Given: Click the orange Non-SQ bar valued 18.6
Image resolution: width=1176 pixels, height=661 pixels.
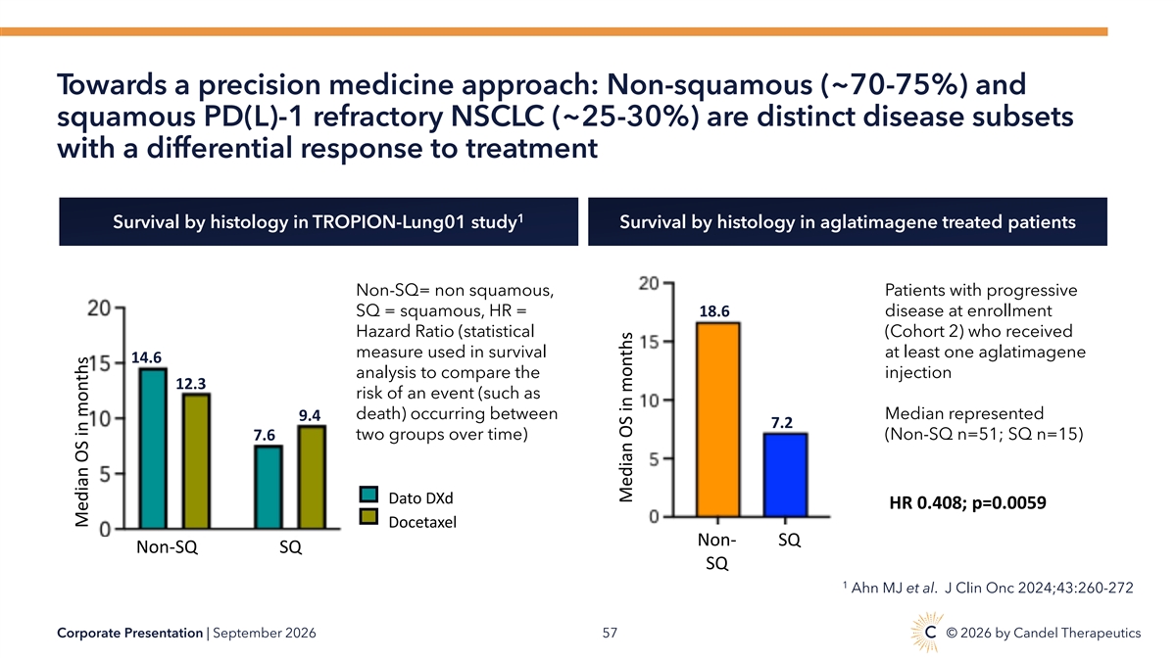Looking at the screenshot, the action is [x=717, y=420].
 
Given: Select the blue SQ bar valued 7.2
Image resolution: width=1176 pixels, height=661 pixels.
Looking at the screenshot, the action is [x=785, y=475].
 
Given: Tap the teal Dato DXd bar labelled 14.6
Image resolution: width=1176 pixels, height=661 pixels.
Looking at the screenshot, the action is [x=153, y=449].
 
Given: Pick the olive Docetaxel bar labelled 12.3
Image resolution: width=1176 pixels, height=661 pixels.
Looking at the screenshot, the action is [x=196, y=461].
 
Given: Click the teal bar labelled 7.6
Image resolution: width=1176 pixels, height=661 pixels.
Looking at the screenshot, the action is [x=269, y=488].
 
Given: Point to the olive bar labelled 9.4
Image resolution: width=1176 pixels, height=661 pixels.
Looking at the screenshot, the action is [x=312, y=478].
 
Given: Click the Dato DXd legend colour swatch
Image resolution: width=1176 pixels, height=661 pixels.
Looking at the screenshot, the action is [x=368, y=495].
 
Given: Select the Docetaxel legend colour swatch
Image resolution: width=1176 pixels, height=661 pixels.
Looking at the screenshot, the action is [x=368, y=517].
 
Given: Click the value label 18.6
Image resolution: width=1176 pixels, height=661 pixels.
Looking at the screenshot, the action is [x=714, y=311].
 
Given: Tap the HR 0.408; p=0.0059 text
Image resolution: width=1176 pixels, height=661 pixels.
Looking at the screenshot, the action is [x=967, y=502].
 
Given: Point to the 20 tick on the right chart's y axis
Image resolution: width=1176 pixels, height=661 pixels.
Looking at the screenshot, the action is [x=649, y=283].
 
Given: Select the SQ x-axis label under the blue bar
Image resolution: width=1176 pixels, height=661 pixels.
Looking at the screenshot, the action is [x=789, y=540].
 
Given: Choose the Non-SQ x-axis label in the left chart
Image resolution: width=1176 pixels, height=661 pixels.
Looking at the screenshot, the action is [x=167, y=547].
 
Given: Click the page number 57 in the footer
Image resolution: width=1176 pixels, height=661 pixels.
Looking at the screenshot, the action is [x=610, y=634].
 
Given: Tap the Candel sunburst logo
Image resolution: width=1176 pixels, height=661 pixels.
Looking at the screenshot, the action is [x=928, y=632].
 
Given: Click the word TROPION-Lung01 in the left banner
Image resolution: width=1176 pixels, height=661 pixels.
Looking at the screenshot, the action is [x=389, y=222].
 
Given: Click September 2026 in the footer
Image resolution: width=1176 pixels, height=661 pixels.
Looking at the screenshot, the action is [x=265, y=634].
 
